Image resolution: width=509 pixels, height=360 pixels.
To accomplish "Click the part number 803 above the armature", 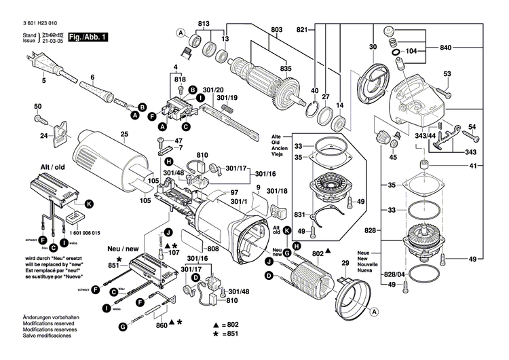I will [276, 29].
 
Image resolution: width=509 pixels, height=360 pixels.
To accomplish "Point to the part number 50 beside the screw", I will [38, 106].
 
